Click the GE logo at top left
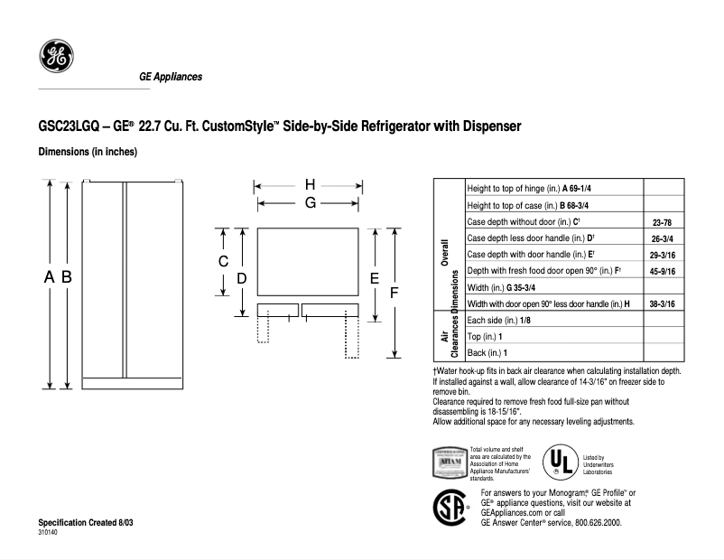[x=55, y=57]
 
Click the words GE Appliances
[x=170, y=77]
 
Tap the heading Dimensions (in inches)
[x=88, y=152]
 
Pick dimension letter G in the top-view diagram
[x=310, y=203]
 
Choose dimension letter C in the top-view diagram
[x=223, y=262]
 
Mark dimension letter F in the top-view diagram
[x=394, y=293]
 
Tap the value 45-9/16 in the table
[x=664, y=271]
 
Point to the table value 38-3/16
[x=664, y=304]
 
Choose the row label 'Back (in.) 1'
[x=488, y=353]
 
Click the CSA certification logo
[x=452, y=507]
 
